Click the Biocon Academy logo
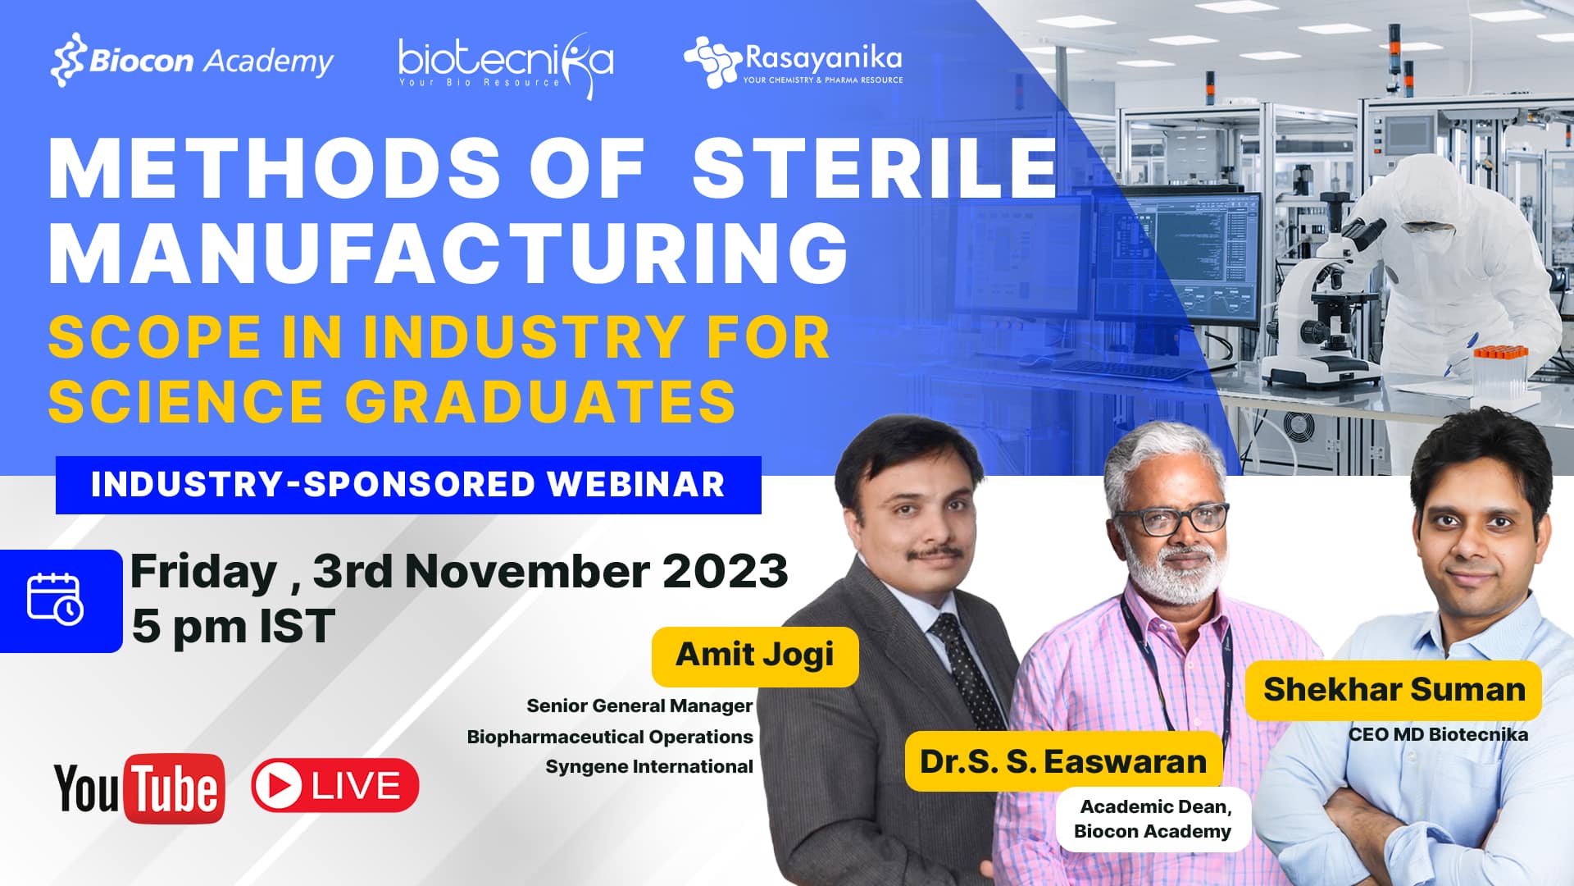192,60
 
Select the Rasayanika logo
793,61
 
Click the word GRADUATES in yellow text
540,400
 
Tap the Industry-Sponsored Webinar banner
408,485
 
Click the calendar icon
56,600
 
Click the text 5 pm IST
234,626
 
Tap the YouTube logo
139,788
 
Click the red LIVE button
335,786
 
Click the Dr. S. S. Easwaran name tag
1063,761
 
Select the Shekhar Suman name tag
1394,690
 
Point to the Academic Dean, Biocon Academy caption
1153,819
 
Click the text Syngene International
649,766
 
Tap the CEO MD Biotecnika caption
1439,734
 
